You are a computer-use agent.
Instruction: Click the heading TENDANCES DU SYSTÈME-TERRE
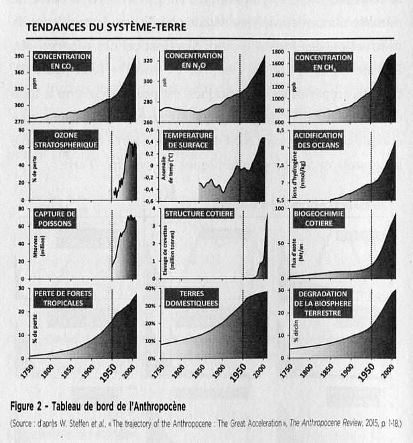point(105,27)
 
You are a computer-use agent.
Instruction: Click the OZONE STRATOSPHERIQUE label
point(66,139)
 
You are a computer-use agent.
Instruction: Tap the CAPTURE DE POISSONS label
point(58,218)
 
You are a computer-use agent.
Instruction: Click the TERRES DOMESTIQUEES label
point(192,298)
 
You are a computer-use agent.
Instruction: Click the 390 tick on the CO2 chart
point(20,56)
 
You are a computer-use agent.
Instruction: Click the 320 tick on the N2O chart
point(150,62)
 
